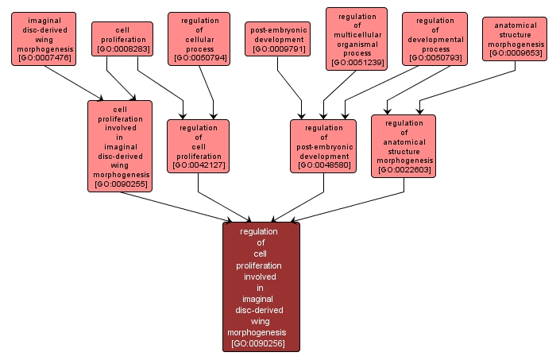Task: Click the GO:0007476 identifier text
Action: [x=44, y=58]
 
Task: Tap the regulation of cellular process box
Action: [x=199, y=39]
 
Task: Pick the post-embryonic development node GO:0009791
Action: [x=277, y=39]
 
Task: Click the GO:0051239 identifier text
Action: [x=357, y=62]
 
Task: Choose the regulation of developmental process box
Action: [x=434, y=39]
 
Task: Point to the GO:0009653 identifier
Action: [x=515, y=53]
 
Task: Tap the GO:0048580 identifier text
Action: [x=323, y=165]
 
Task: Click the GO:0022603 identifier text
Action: [x=404, y=169]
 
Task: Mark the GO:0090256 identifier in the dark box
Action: [x=261, y=343]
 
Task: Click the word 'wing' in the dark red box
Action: [x=261, y=321]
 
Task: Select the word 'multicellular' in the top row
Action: [x=357, y=36]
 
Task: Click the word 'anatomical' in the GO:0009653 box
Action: [x=515, y=25]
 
